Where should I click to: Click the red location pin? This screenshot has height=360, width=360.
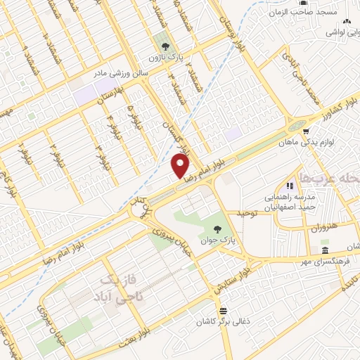pos(181,165)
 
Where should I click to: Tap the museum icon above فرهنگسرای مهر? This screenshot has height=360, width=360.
pos(324,250)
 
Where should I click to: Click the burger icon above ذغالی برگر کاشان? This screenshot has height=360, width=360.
pos(223,311)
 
